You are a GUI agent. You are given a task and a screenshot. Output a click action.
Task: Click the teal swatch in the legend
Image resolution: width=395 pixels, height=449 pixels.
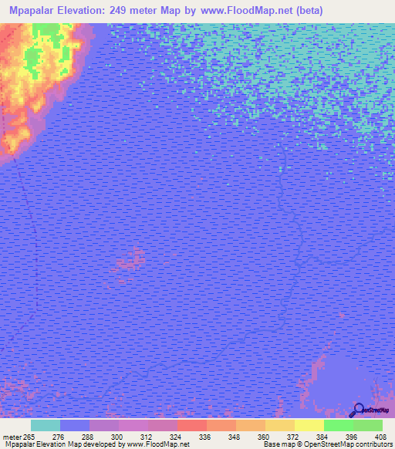(46, 425)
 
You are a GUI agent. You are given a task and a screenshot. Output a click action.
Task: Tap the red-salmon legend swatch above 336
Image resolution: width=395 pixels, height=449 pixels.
(192, 425)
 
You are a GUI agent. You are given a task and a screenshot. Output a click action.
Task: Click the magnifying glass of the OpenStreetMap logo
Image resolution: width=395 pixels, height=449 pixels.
(357, 409)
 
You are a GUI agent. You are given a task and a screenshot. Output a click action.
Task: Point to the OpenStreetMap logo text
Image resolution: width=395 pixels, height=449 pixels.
(377, 410)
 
